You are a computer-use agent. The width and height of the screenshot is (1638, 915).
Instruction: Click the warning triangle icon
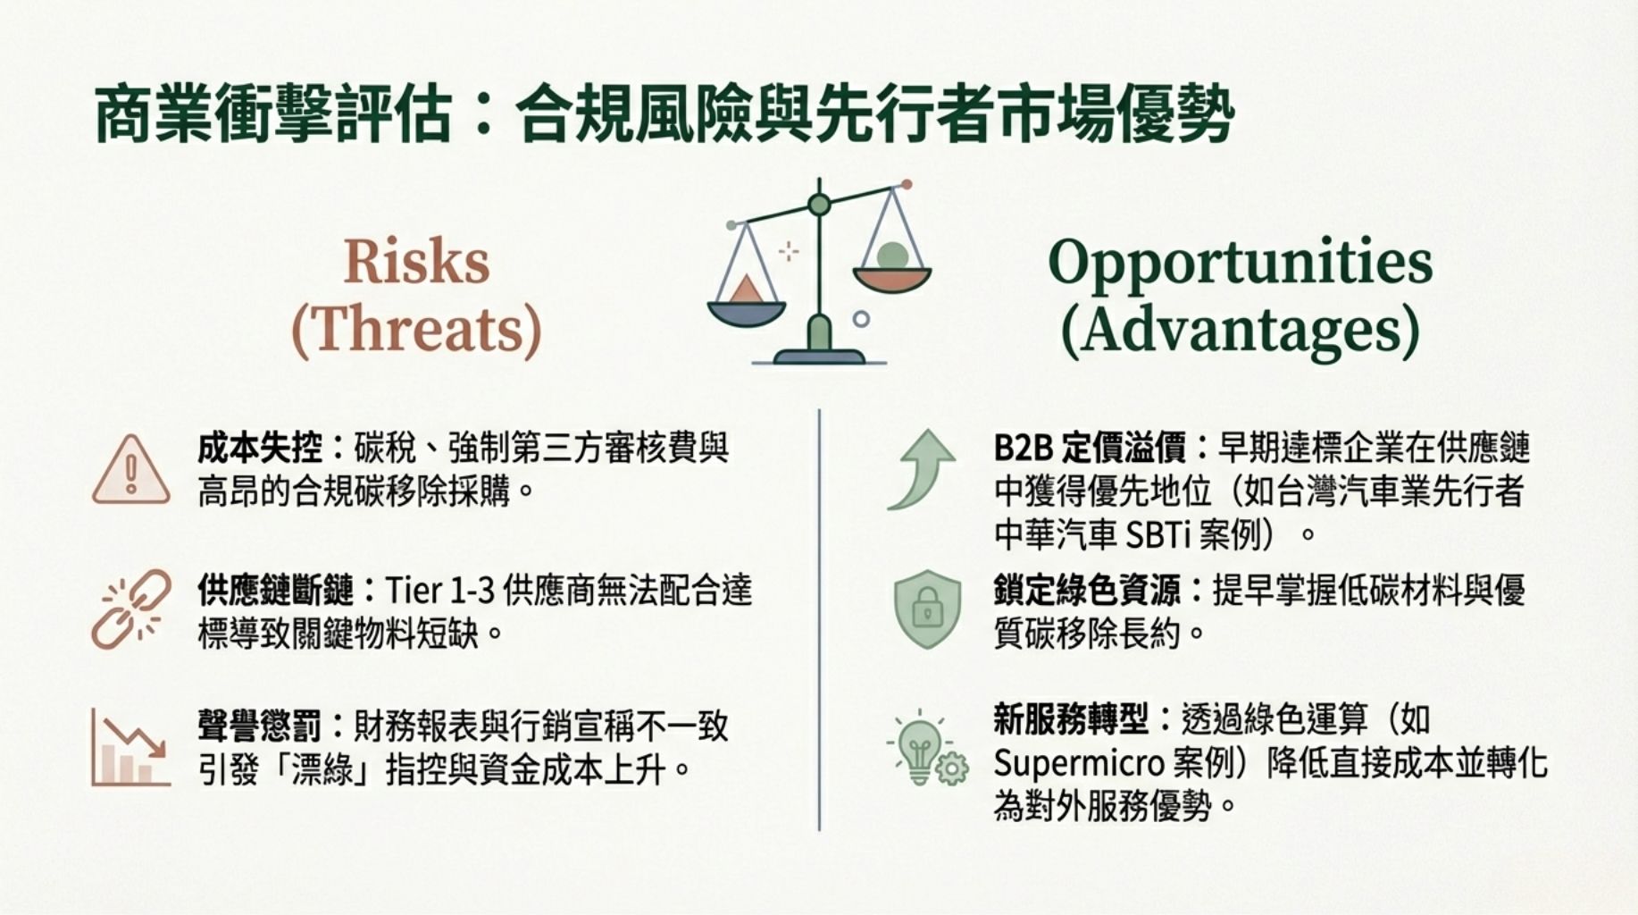pyautogui.click(x=131, y=470)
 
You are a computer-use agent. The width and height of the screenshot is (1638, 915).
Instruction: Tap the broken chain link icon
pyautogui.click(x=131, y=609)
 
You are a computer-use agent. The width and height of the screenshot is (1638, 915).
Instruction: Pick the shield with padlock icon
pyautogui.click(x=928, y=609)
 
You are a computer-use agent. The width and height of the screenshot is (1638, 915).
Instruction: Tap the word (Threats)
pyautogui.click(x=417, y=330)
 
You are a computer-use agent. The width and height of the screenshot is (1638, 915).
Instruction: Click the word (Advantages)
pyautogui.click(x=1241, y=332)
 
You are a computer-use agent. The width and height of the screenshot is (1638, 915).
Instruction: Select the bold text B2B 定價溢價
pyautogui.click(x=1090, y=448)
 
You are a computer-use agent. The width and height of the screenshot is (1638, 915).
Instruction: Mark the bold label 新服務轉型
pyautogui.click(x=1072, y=718)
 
